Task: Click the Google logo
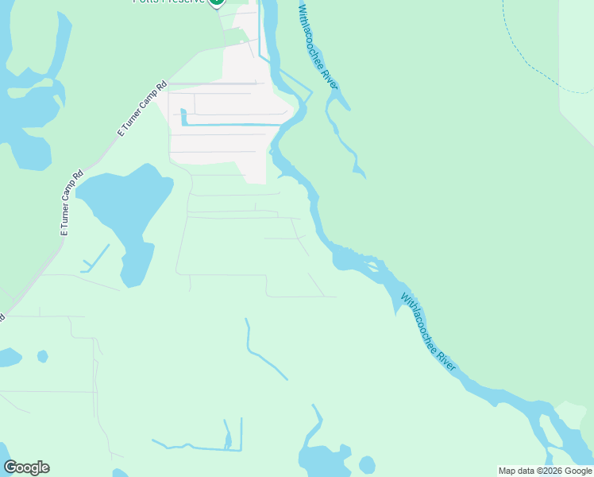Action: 26,467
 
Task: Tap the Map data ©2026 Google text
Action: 545,471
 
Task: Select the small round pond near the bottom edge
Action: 366,464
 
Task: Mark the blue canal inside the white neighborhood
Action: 230,124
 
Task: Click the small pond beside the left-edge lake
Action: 42,356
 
